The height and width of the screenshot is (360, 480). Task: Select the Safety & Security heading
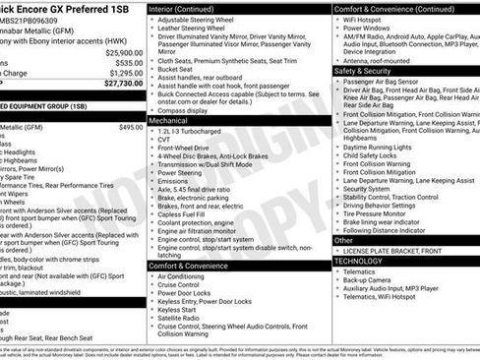pos(370,71)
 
